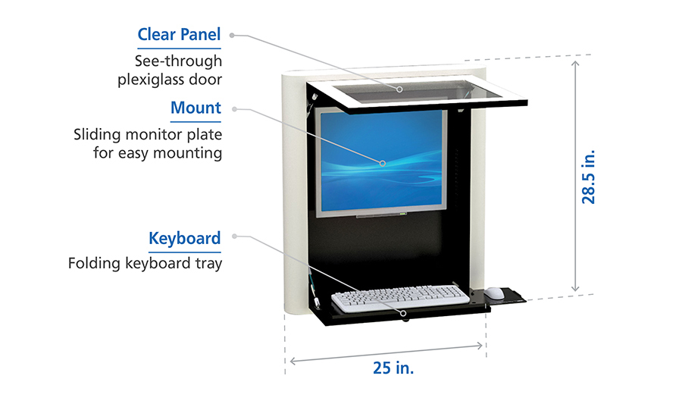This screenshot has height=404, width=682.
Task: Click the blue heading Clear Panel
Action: pos(179,35)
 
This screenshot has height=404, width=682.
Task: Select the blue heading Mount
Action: pos(196,108)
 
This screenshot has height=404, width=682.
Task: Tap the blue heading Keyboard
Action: pos(185,239)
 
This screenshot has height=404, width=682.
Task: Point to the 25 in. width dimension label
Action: pos(393,368)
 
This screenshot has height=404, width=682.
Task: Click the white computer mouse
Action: pos(494,293)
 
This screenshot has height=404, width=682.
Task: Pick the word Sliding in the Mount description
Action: pos(98,135)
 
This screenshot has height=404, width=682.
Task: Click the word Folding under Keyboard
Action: pos(92,264)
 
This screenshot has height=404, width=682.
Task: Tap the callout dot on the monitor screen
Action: pos(383,162)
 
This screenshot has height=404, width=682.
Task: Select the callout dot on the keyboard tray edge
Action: pos(405,312)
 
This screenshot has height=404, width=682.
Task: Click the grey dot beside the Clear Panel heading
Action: pos(232,35)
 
